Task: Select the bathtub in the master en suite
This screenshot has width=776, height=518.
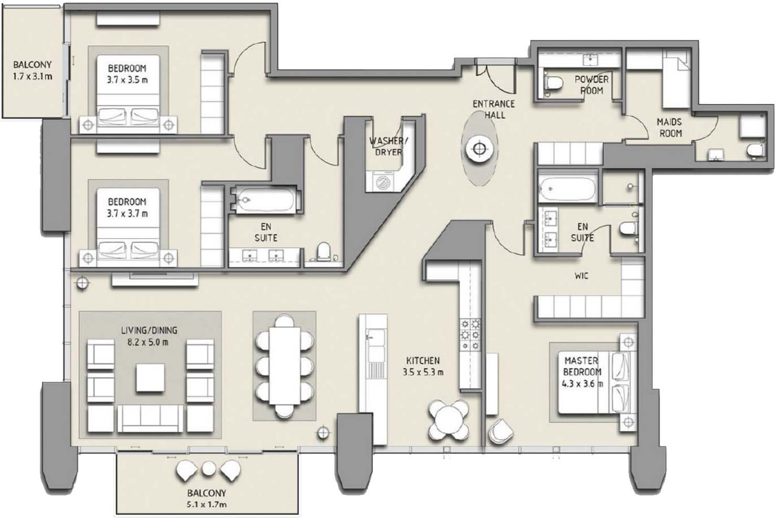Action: (x=567, y=188)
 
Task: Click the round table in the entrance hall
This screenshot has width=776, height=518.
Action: (x=479, y=149)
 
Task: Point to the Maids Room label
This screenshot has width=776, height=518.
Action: (x=669, y=128)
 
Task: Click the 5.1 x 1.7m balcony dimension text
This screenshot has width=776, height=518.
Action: (x=206, y=504)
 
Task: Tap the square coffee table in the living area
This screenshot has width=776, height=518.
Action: (x=150, y=378)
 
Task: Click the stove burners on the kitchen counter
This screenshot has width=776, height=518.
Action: (x=470, y=335)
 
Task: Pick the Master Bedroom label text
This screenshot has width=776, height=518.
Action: (x=582, y=366)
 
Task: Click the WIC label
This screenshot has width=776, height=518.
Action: (x=581, y=276)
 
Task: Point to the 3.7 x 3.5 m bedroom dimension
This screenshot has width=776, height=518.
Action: (x=127, y=80)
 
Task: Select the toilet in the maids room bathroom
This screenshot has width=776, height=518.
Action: (x=754, y=150)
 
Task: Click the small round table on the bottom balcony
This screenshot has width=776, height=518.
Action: (x=208, y=469)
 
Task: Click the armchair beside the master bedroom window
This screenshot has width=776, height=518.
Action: (x=500, y=431)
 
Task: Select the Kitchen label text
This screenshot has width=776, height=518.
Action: (x=423, y=361)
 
